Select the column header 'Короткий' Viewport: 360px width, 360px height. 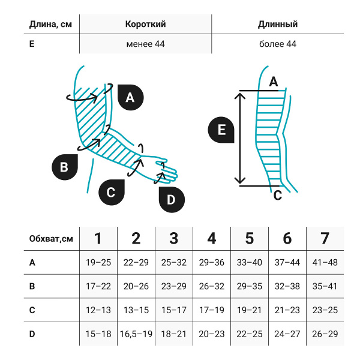pyautogui.click(x=145, y=25)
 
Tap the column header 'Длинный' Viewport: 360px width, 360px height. pyautogui.click(x=278, y=25)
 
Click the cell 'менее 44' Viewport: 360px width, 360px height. pyautogui.click(x=145, y=44)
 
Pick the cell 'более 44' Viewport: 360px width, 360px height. pyautogui.click(x=278, y=44)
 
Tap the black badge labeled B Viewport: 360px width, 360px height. pyautogui.click(x=65, y=167)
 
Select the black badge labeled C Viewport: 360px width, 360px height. pyautogui.click(x=110, y=192)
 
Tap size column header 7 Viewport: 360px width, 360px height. pyautogui.click(x=325, y=238)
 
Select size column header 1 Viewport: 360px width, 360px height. pyautogui.click(x=98, y=238)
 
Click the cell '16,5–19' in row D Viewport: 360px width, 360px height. pyautogui.click(x=136, y=334)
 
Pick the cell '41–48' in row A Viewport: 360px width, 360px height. pyautogui.click(x=325, y=262)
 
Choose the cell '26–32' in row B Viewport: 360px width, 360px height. pyautogui.click(x=211, y=286)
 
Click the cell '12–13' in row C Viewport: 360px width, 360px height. pyautogui.click(x=98, y=310)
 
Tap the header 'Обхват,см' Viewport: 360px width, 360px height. pyautogui.click(x=52, y=238)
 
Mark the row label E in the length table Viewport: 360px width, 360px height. pyautogui.click(x=32, y=44)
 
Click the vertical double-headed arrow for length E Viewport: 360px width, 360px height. pyautogui.click(x=240, y=138)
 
